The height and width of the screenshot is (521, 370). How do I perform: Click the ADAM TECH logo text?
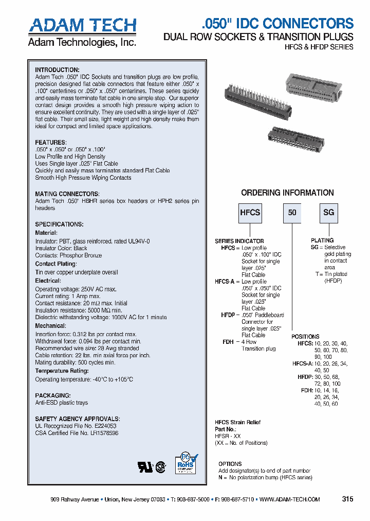point(82,26)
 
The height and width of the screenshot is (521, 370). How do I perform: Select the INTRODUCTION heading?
point(57,70)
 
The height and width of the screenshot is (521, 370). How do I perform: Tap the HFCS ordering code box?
point(250,213)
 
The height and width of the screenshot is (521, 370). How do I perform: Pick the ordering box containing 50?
point(292,213)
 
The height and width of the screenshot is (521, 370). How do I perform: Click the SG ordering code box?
point(328,213)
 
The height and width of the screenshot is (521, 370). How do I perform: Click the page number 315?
point(347,499)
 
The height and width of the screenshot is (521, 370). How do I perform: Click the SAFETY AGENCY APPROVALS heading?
point(77,419)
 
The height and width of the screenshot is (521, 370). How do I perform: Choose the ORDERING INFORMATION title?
point(287,193)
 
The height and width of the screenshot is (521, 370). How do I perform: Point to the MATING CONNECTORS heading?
point(67,194)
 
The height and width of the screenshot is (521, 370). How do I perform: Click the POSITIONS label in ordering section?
point(305,336)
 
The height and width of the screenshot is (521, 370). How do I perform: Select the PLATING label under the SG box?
point(322,240)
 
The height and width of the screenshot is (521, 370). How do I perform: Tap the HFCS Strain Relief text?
point(237,422)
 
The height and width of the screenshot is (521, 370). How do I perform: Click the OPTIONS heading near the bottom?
point(230,464)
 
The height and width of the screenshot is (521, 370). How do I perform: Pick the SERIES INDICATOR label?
point(239,241)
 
